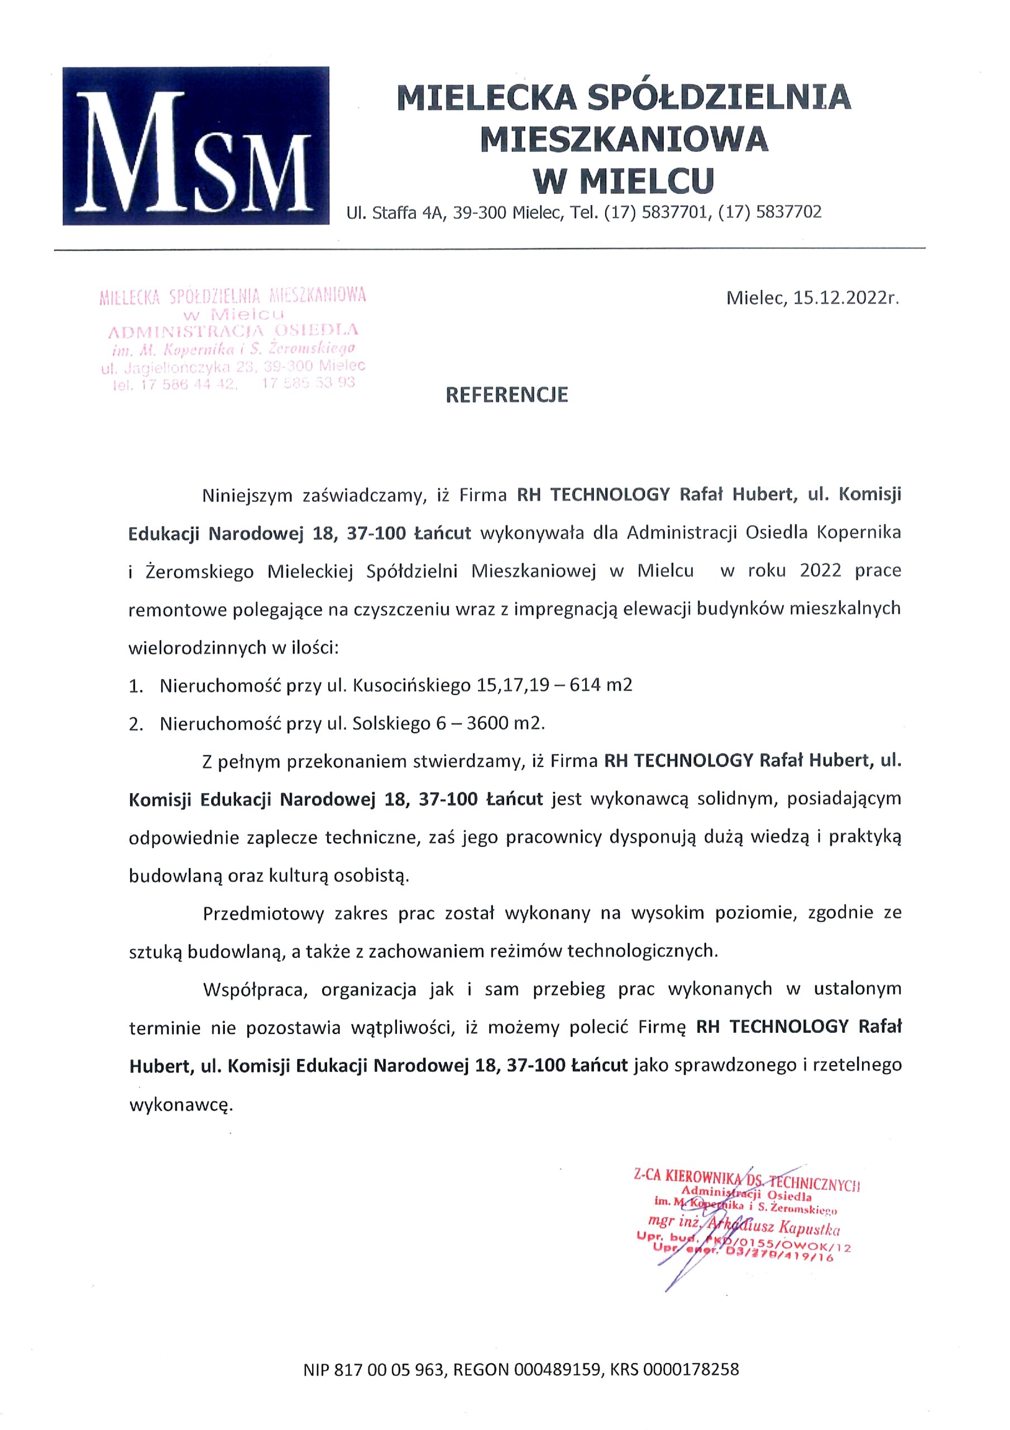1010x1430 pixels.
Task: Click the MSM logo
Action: [x=195, y=146]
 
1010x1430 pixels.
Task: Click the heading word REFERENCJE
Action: [x=506, y=395]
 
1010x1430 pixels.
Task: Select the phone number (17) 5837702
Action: [x=769, y=213]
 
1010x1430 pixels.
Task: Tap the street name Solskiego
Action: [x=390, y=724]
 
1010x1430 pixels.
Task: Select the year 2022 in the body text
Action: [x=821, y=571]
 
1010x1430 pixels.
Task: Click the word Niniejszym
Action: [x=247, y=495]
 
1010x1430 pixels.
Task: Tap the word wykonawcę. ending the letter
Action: [x=180, y=1105]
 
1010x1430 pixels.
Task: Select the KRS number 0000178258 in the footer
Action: [x=691, y=1370]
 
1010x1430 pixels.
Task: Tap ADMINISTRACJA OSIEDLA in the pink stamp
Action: [x=233, y=330]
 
